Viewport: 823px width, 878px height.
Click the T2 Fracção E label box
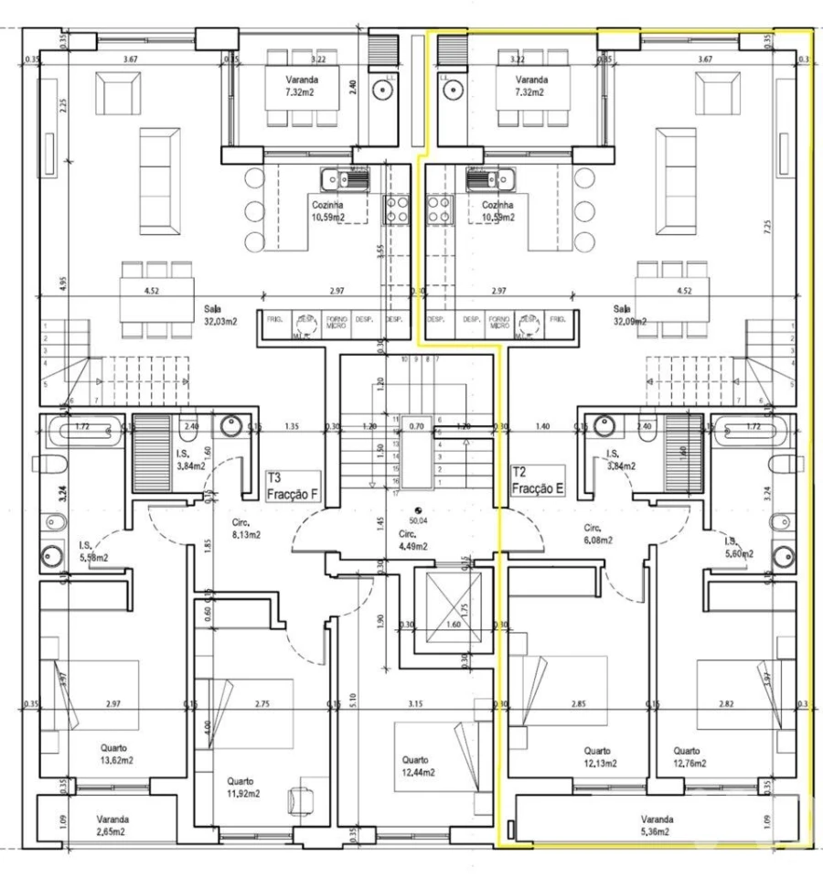tap(537, 482)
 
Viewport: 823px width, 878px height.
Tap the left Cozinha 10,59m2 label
tap(326, 211)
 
